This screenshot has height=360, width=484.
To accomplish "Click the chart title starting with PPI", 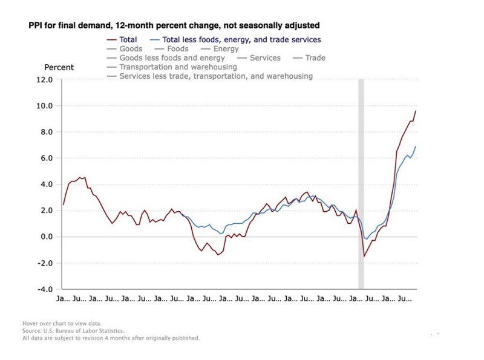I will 174,26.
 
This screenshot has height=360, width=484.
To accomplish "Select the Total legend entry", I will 128,40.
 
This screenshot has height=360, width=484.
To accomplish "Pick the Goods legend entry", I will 131,49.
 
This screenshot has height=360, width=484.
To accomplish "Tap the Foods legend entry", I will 177,49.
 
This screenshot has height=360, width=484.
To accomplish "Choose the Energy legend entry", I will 226,49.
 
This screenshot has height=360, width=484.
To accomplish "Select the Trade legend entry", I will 315,58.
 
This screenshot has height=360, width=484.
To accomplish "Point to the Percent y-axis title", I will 59,67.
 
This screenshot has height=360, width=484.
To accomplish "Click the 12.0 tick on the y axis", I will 45,80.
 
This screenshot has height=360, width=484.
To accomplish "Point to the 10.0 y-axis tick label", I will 45,106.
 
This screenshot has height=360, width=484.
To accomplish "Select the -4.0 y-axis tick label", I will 45,289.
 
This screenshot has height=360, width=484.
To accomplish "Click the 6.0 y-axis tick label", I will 47,159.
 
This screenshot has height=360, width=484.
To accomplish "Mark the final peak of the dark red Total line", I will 416,111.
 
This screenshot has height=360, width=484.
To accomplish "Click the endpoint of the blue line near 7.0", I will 416,146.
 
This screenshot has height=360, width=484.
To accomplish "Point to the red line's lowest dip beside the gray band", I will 364,257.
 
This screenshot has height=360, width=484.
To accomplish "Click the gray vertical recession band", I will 361,182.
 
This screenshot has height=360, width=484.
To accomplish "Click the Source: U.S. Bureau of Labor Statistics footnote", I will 73,331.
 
